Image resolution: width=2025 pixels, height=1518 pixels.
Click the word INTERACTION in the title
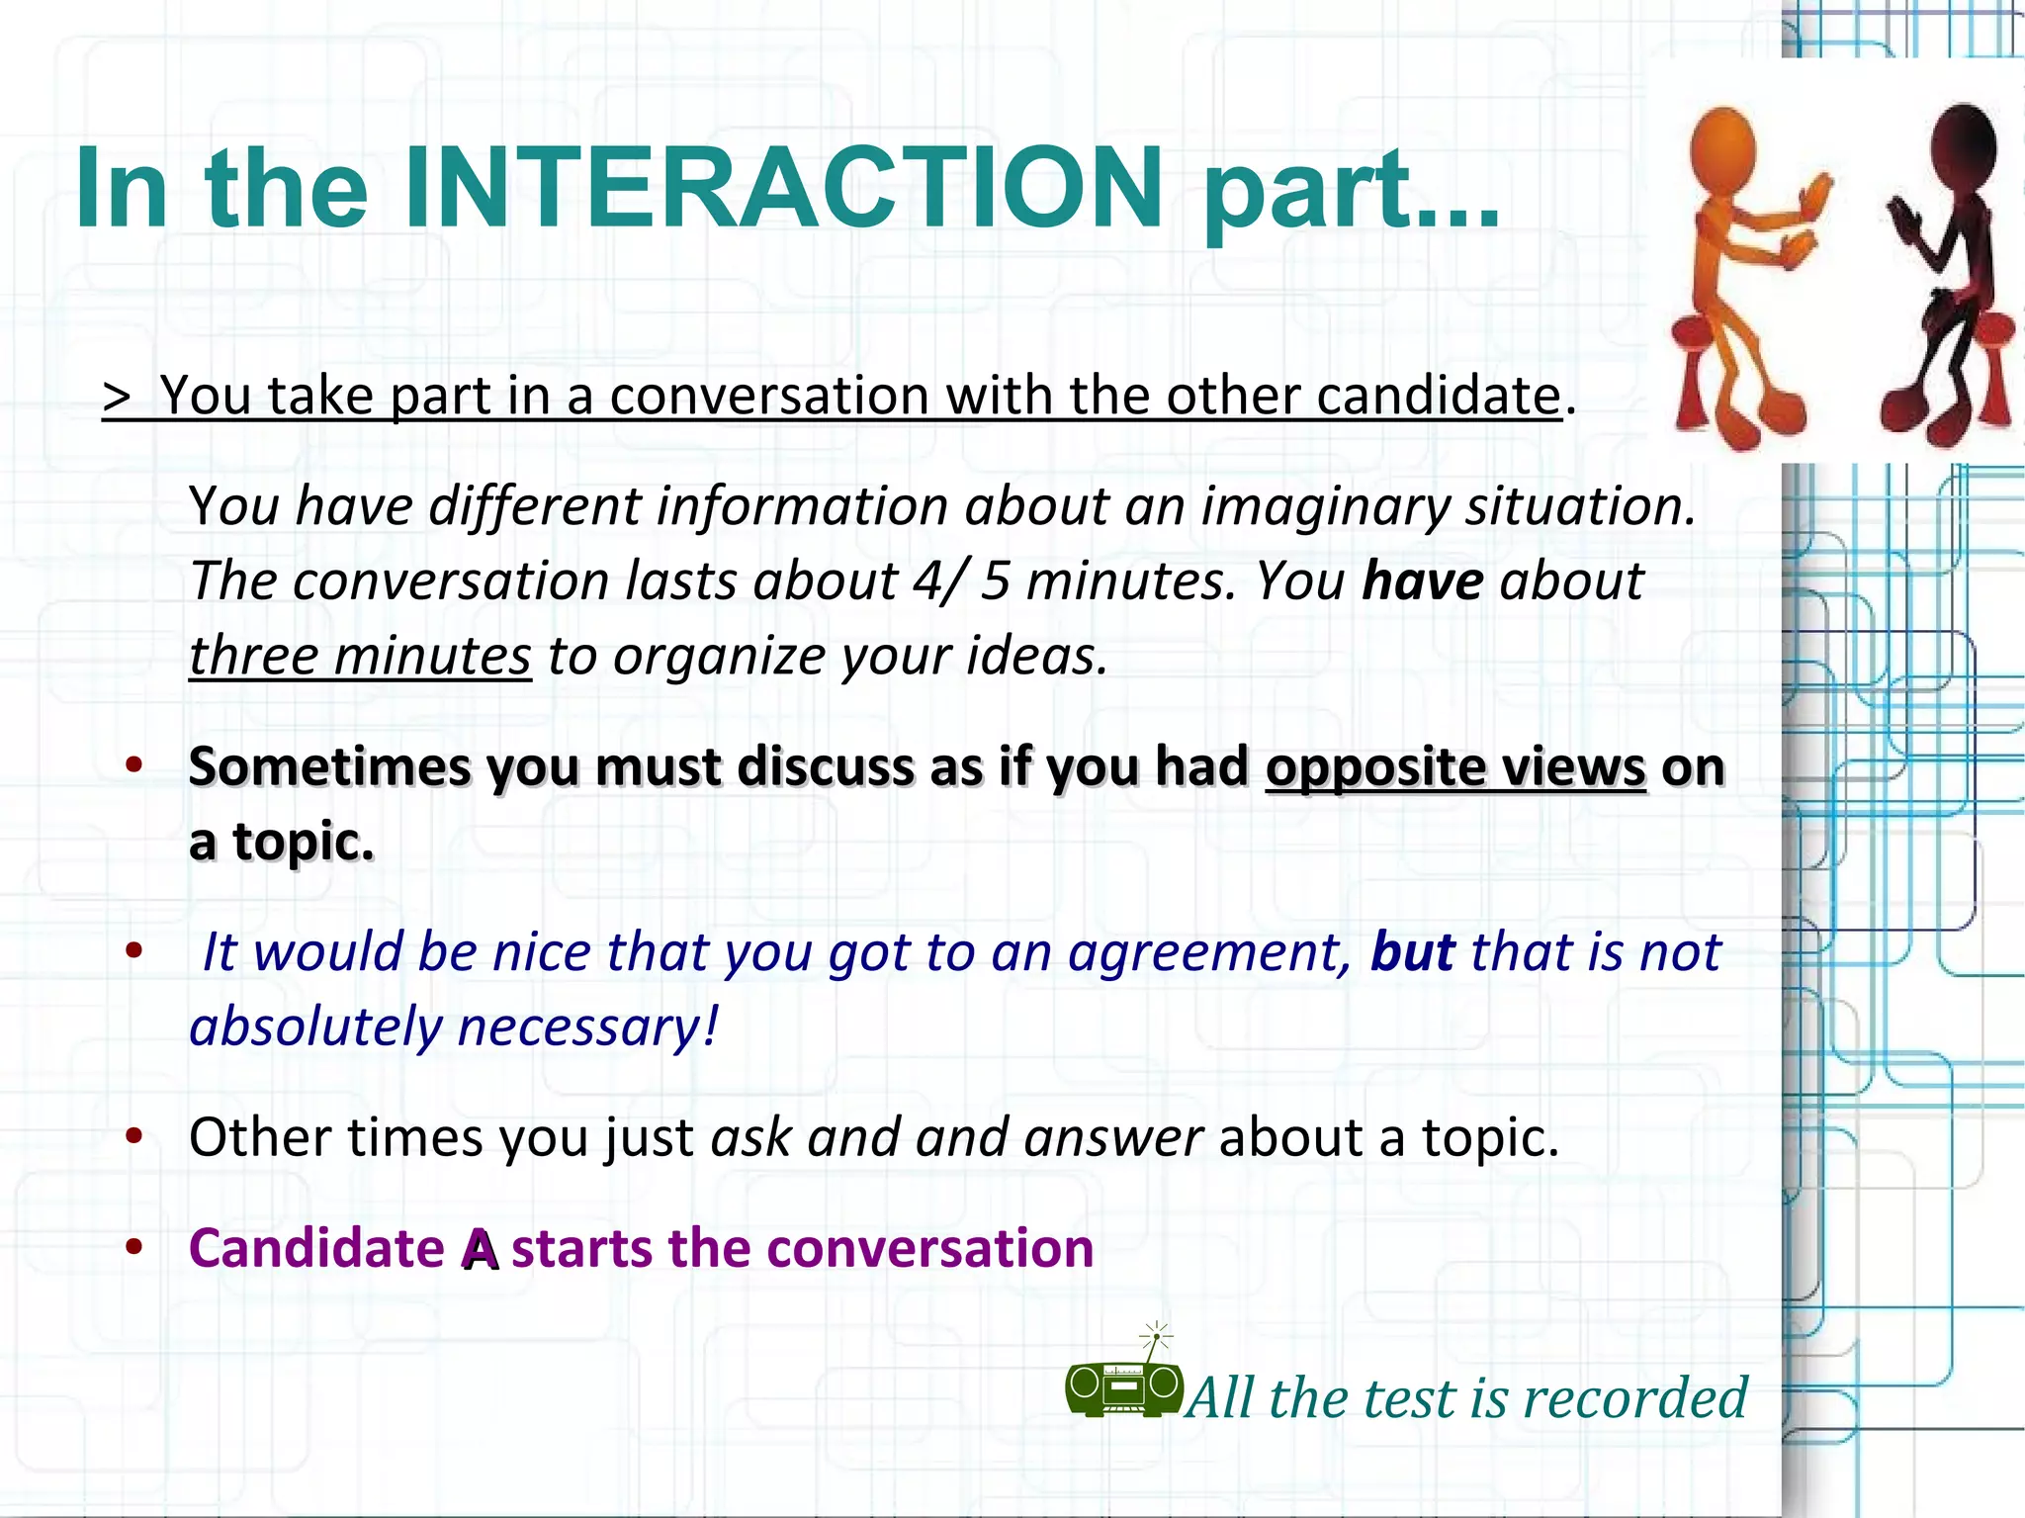pyautogui.click(x=783, y=188)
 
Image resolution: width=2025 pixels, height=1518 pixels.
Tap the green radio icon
pyautogui.click(x=1124, y=1385)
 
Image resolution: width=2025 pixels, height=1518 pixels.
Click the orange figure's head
pyautogui.click(x=1722, y=143)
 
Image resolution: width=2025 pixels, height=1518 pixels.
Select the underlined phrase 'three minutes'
pyautogui.click(x=360, y=656)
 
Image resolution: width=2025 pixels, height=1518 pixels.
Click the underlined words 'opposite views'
pyautogui.click(x=1455, y=767)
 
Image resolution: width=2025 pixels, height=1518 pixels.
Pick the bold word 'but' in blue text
pyautogui.click(x=1412, y=952)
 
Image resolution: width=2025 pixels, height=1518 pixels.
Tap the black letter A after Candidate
pyautogui.click(x=481, y=1250)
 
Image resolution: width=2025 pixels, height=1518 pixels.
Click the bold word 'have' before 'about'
pyautogui.click(x=1423, y=581)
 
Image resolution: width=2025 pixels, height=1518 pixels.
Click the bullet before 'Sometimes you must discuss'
pyautogui.click(x=135, y=764)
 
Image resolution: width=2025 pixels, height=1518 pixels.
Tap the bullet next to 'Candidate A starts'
pyautogui.click(x=135, y=1246)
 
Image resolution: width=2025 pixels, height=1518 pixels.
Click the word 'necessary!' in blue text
pyautogui.click(x=588, y=1027)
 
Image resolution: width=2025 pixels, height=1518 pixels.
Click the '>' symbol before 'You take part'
pyautogui.click(x=117, y=398)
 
